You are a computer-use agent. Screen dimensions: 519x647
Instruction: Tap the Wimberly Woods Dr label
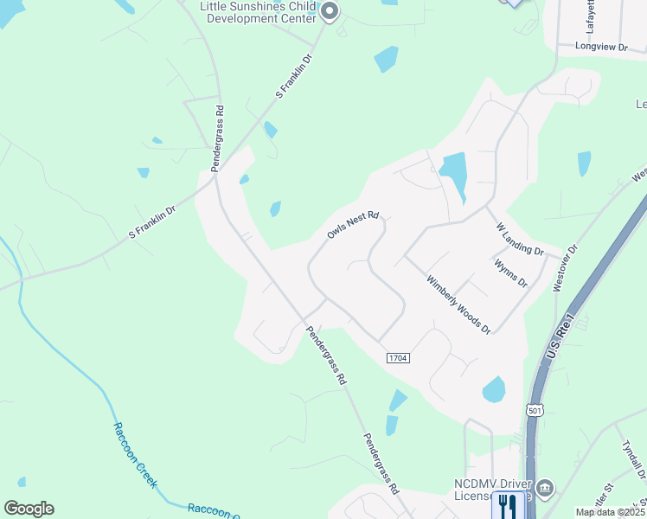point(458,304)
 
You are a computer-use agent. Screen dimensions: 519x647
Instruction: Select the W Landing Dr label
point(519,240)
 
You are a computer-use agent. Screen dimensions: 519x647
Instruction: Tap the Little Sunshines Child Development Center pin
point(329,11)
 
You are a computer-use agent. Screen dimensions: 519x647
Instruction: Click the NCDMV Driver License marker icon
point(545,490)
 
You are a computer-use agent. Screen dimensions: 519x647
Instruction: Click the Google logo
point(29,508)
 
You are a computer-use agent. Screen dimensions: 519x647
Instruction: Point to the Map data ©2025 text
point(610,512)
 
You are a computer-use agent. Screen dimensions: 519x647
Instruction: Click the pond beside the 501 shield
point(494,389)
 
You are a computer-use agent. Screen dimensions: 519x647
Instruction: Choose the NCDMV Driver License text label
point(490,490)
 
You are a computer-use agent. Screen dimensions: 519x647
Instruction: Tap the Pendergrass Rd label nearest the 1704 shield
point(327,355)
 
